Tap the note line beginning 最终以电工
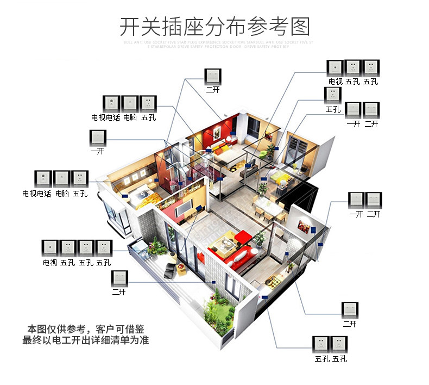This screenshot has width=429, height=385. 86,341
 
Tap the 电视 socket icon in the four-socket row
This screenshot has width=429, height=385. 51,248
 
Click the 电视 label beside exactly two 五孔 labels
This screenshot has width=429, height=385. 336,82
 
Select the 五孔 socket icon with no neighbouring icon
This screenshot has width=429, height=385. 332,96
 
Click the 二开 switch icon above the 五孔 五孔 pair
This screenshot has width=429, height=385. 350,311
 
